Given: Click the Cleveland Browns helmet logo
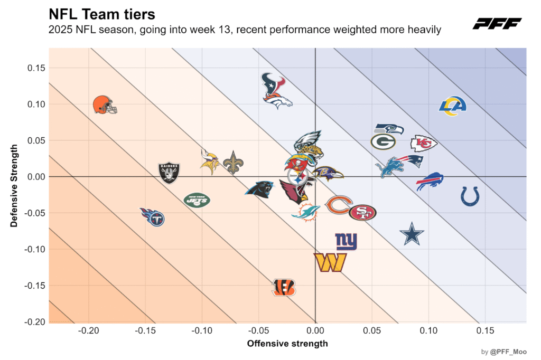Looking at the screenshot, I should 104,105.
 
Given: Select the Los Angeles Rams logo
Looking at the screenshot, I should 453,106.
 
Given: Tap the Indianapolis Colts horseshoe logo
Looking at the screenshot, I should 470,196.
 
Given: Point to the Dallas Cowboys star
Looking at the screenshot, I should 412,234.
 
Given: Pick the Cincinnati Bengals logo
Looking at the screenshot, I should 284,287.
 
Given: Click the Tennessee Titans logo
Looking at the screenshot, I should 153,216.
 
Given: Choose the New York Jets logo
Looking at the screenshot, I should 197,200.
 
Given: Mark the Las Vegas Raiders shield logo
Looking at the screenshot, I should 169,172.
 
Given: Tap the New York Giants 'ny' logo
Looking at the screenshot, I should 346,241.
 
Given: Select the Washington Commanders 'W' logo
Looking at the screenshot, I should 330,262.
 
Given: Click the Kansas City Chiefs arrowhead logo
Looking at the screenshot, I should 424,143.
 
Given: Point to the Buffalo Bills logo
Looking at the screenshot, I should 429,181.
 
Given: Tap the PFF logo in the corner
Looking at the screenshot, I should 497,23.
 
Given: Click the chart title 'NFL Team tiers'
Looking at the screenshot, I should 101,13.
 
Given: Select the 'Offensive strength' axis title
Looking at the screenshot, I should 287,344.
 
